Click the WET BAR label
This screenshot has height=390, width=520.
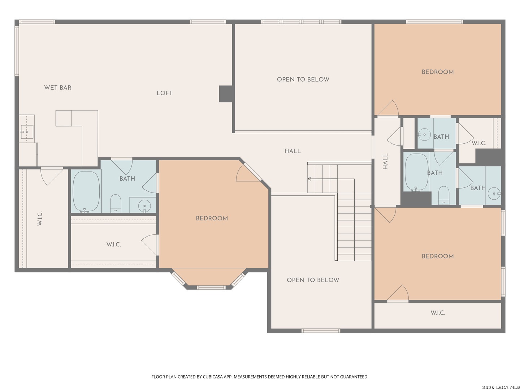pos(57,88)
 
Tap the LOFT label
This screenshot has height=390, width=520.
pos(164,93)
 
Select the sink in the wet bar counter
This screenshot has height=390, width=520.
pos(26,132)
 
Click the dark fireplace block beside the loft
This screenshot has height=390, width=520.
pos(225,94)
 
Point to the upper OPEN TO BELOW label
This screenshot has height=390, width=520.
pos(303,79)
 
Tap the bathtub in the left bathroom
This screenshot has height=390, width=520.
pos(86,191)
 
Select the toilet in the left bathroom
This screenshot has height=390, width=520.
pos(116,204)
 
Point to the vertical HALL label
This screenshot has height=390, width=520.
pos(385,161)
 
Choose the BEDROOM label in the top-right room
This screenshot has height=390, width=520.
pos(438,72)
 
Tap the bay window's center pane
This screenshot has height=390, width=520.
pos(211,287)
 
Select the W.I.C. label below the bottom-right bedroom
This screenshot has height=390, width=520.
pos(438,313)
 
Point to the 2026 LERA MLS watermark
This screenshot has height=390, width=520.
pos(500,387)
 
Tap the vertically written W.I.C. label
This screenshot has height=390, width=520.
pos(40,218)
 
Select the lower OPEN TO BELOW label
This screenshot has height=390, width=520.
pos(313,280)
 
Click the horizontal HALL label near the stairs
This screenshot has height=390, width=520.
pos(292,151)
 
